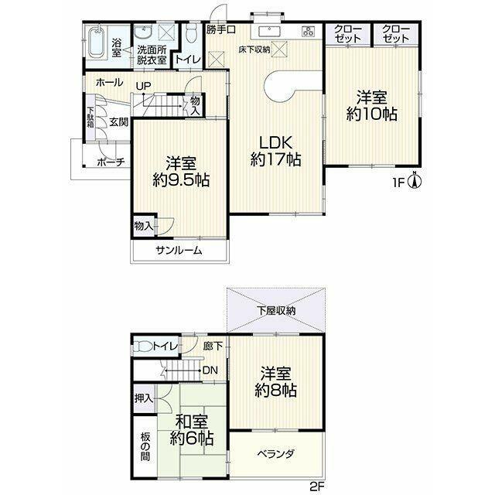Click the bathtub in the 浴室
(96, 43)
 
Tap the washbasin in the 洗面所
(143, 32)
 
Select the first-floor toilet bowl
(191, 33)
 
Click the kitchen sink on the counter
(269, 32)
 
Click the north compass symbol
(415, 181)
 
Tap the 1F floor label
(398, 183)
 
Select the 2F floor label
(317, 486)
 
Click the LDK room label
(276, 142)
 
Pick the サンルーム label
(179, 251)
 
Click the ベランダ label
(275, 454)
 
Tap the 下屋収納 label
(276, 311)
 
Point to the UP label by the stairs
(143, 86)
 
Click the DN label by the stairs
(210, 370)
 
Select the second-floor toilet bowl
(142, 346)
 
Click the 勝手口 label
(221, 29)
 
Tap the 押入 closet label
(144, 399)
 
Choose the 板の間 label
(145, 447)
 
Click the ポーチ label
(111, 162)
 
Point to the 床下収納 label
(254, 49)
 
